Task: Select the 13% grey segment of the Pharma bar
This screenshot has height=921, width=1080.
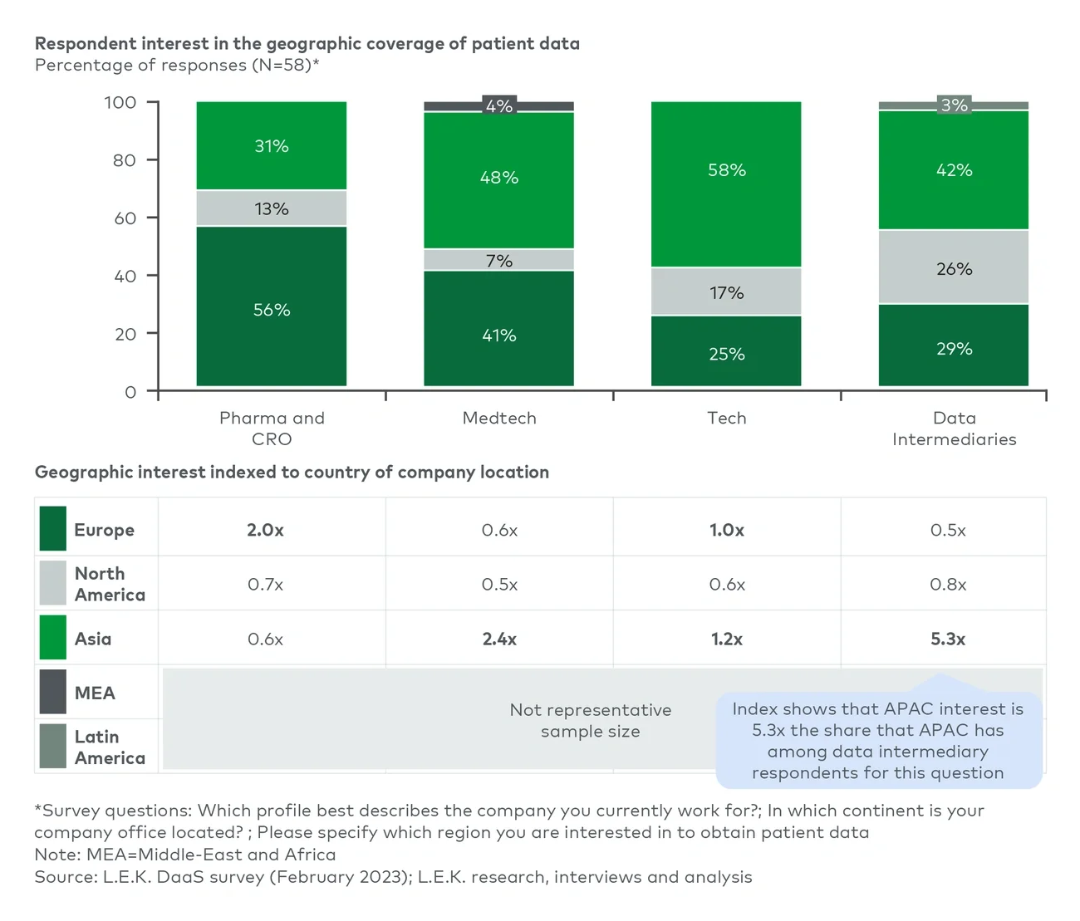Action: (x=272, y=208)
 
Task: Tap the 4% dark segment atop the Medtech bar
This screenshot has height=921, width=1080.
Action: (x=498, y=105)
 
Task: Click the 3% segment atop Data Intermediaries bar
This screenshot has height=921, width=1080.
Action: (x=954, y=105)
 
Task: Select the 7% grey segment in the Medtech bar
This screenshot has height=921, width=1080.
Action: (x=498, y=260)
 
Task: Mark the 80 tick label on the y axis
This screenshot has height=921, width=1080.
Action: (x=125, y=160)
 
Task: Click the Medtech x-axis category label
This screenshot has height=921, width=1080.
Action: (x=499, y=418)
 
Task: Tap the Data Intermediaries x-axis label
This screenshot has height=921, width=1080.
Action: (x=954, y=429)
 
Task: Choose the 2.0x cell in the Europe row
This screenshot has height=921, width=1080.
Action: (x=265, y=530)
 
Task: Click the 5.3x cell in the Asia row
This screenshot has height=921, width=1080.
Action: (x=948, y=639)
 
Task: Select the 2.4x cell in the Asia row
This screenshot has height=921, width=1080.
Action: (x=499, y=639)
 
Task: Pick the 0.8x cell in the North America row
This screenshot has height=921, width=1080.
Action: (x=948, y=585)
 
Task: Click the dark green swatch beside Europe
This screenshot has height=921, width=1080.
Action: (x=53, y=529)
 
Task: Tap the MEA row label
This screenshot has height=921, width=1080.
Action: (x=95, y=693)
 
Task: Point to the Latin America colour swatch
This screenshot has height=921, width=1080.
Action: (x=53, y=746)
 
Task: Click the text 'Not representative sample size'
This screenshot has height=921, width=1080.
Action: (x=590, y=720)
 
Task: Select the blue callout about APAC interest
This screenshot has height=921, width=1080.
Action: (x=878, y=741)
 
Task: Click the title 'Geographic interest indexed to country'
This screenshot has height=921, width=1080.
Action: (x=292, y=472)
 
